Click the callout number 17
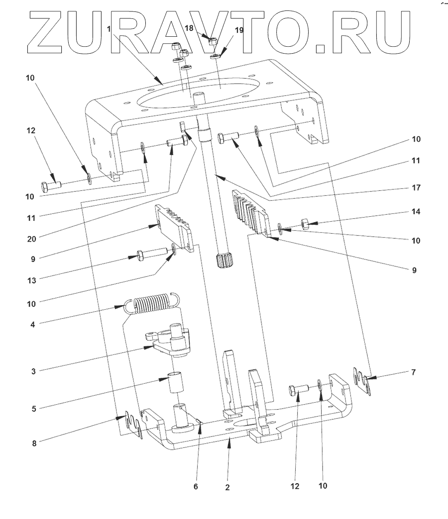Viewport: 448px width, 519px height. [416, 188]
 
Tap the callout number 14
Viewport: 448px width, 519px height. [416, 211]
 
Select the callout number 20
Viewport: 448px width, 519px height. [31, 239]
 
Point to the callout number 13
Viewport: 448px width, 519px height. [31, 280]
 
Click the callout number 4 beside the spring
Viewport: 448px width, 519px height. [32, 325]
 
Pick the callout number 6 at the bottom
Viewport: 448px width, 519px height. [196, 486]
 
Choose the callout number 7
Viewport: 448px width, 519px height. [413, 372]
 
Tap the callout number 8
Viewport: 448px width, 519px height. [34, 443]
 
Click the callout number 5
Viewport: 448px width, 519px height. [34, 409]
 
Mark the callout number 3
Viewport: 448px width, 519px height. [33, 371]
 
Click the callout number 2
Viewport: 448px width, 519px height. [227, 487]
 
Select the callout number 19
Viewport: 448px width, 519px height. [239, 30]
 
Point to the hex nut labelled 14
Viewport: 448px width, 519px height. [305, 224]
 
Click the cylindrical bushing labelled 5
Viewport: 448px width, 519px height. [174, 383]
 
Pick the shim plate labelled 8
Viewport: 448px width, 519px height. [134, 426]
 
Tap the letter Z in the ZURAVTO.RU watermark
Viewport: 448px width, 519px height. [45, 32]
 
